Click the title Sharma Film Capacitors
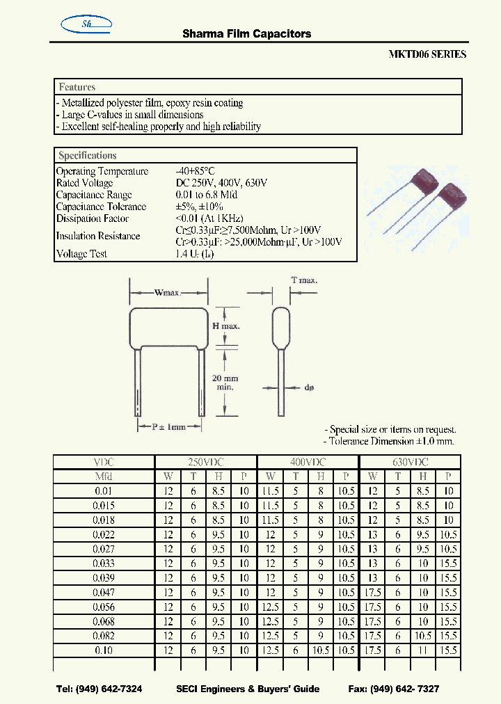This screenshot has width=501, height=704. point(246,33)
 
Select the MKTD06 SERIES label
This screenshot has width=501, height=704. point(427,54)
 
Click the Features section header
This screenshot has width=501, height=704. point(77,87)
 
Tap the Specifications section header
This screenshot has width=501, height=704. point(88,156)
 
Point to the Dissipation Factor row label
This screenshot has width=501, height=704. point(92,218)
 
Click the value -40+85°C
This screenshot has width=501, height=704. point(197,171)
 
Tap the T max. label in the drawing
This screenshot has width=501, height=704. point(304,280)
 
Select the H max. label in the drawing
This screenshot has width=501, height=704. point(226,326)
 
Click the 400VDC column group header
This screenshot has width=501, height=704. point(308,462)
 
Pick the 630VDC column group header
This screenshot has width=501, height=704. point(410,462)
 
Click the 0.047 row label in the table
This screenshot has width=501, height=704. point(104,593)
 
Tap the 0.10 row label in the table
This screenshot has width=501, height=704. point(104,651)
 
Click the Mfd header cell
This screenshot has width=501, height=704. point(104,477)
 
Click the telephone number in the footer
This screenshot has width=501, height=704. point(99,689)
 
